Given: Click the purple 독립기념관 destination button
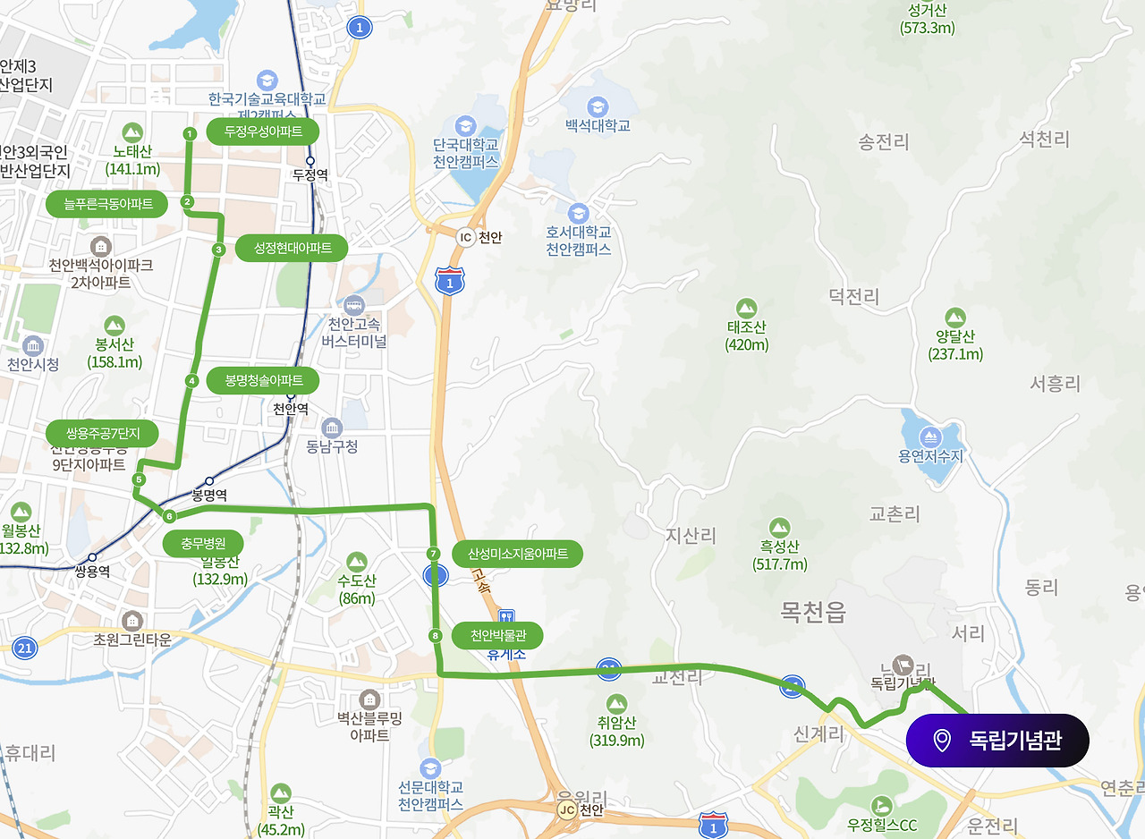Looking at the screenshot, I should [997, 741].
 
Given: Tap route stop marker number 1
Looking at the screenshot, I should [189, 134].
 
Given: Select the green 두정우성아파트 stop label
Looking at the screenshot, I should [262, 131].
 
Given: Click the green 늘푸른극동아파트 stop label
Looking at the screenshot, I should [107, 204].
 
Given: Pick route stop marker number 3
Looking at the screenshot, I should [218, 250].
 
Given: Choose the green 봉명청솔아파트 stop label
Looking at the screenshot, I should [263, 380].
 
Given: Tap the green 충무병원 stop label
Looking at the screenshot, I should [203, 543].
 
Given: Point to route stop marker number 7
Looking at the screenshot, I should [434, 554].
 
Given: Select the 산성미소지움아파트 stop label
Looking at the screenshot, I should [518, 554].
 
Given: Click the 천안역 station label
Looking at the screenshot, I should [290, 409].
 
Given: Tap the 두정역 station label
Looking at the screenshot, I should [310, 174].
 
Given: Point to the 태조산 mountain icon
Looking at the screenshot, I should [747, 309].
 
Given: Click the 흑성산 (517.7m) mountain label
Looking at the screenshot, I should [779, 555].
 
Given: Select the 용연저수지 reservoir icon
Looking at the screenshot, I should [930, 436].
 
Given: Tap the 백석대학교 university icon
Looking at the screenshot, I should [598, 106].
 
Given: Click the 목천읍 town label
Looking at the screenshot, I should [813, 613].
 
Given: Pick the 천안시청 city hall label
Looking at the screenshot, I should [33, 365].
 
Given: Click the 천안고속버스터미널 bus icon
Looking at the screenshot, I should [355, 305].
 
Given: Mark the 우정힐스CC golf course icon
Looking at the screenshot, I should [883, 805].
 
